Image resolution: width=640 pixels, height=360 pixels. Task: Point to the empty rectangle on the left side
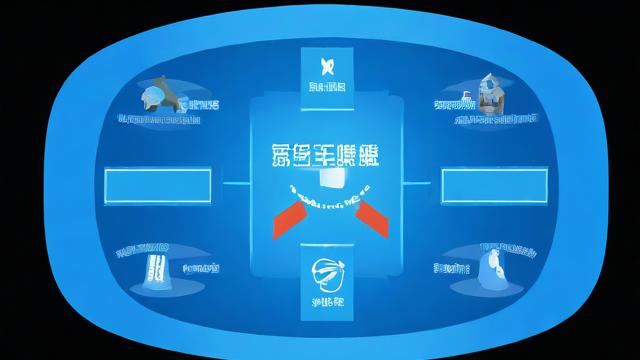pos(157,185)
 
